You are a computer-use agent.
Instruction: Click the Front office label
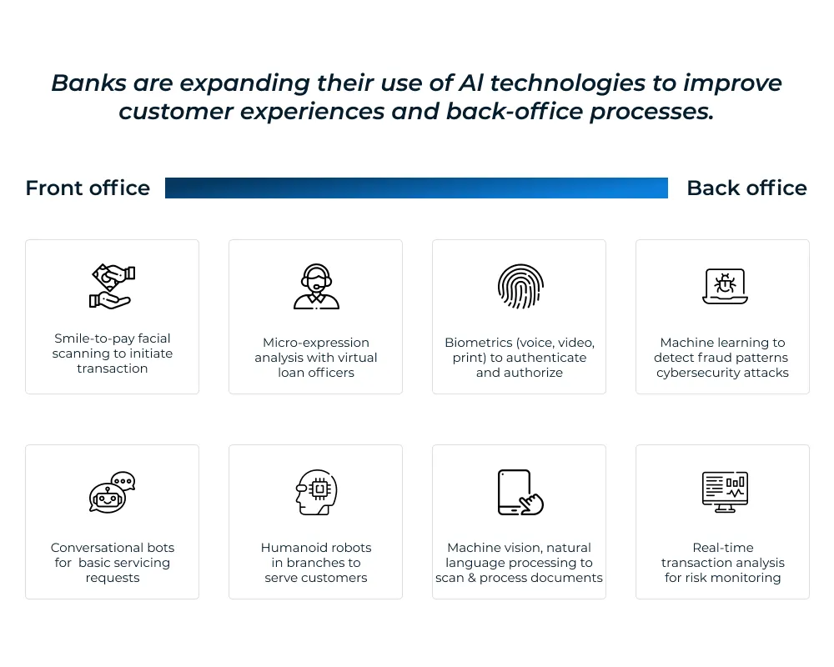(88, 188)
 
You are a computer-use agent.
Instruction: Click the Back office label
(746, 188)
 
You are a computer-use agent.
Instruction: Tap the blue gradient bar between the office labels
(416, 188)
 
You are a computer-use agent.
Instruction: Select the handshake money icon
(112, 286)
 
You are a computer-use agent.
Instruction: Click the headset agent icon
(316, 287)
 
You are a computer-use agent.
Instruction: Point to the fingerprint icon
(520, 286)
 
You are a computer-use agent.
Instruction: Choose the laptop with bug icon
(723, 286)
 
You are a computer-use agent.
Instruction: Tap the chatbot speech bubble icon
(112, 492)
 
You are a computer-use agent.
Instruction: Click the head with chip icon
(315, 492)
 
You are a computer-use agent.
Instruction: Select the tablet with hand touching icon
(520, 492)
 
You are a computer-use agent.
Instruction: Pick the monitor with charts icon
(723, 492)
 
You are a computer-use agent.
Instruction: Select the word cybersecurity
(697, 373)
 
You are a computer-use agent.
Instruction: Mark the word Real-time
(723, 548)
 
